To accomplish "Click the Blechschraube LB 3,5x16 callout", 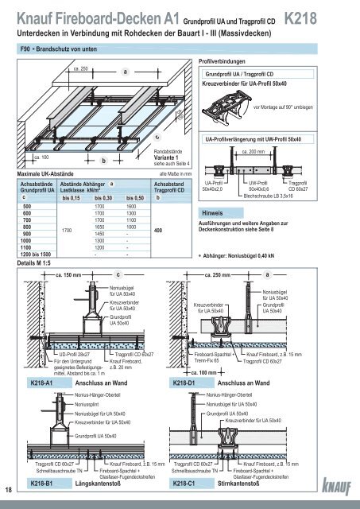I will pyautogui.click(x=268, y=194).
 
